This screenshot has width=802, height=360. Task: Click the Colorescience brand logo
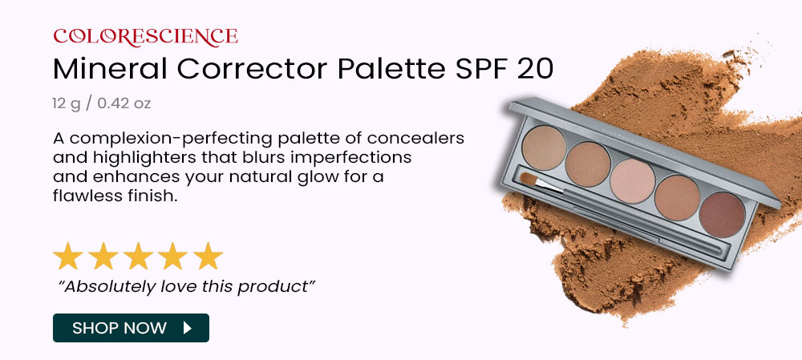point(145,36)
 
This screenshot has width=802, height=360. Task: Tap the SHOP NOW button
point(131,328)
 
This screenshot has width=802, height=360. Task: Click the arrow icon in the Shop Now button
point(188,328)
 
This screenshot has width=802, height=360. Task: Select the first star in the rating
point(68,257)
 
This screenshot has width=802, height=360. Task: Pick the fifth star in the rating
point(208,257)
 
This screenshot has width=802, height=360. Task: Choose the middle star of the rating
point(138,257)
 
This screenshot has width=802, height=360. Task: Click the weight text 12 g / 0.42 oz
point(102,103)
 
